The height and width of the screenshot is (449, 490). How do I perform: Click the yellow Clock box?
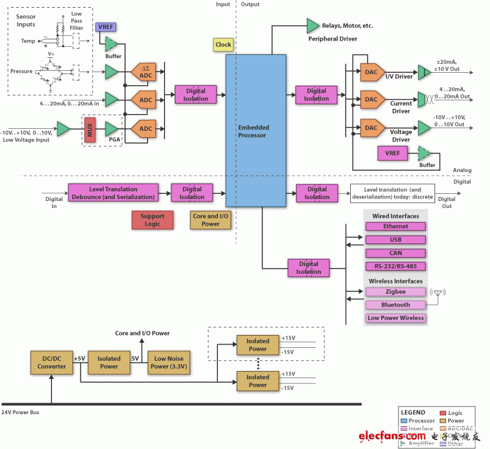[223, 44]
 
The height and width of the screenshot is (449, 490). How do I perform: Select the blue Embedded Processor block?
[255, 129]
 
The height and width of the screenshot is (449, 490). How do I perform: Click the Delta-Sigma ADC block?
[145, 72]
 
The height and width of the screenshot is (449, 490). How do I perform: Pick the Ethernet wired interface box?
[395, 227]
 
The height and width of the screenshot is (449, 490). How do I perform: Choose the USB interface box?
[395, 240]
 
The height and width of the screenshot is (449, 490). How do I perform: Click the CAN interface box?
[395, 253]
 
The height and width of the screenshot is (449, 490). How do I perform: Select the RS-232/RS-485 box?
[395, 266]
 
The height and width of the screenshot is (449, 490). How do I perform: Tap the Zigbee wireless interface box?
[395, 292]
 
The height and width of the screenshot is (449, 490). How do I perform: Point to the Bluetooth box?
[395, 305]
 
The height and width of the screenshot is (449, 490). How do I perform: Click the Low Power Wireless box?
[395, 318]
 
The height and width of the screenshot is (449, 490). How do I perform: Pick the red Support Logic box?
[152, 220]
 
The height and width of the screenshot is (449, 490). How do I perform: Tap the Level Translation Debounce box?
[112, 193]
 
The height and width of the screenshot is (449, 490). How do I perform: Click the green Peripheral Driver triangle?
[313, 26]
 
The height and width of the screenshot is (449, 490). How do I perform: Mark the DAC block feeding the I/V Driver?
[371, 72]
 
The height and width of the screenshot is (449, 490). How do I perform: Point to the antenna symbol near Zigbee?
[438, 296]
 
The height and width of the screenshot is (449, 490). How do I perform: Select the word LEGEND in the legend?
[413, 412]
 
